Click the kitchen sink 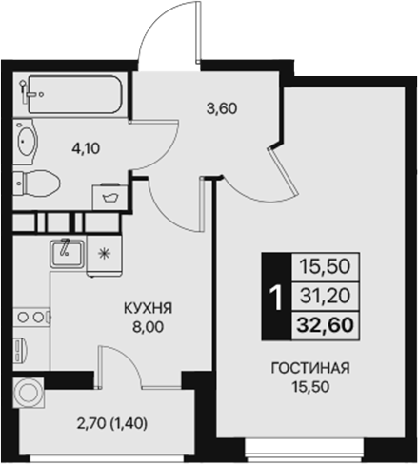(x=65, y=253)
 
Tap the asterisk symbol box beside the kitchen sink (x=105, y=253)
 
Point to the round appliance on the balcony (x=30, y=391)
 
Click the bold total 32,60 (x=321, y=324)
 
